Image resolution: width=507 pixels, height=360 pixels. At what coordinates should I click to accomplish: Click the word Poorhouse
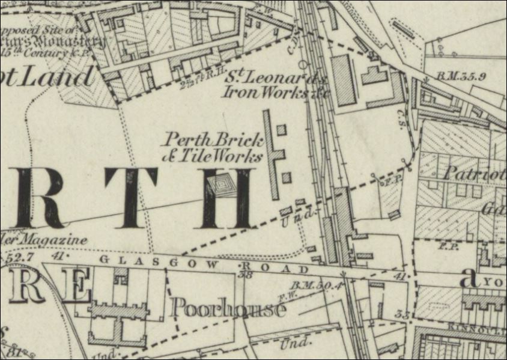(x=228, y=308)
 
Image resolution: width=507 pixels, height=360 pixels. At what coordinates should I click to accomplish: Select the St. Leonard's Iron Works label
(x=268, y=85)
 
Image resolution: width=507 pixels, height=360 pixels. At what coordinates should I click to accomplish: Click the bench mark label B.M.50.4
(x=316, y=284)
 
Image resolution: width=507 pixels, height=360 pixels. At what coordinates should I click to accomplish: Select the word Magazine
(x=58, y=240)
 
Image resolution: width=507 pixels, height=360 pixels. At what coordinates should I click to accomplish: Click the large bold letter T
(x=130, y=198)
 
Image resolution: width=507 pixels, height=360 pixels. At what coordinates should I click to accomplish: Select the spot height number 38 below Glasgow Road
(x=244, y=275)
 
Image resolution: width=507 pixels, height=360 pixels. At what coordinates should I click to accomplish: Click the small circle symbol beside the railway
(x=302, y=63)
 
